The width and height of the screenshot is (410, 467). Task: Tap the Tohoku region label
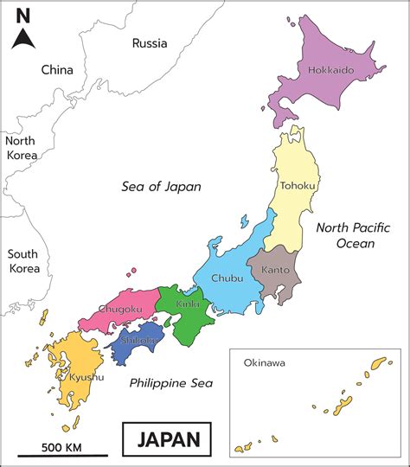pyautogui.click(x=297, y=185)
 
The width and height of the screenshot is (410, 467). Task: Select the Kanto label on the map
pyautogui.click(x=275, y=270)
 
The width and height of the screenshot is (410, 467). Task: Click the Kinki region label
pyautogui.click(x=188, y=304)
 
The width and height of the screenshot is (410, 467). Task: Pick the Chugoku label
pyautogui.click(x=119, y=309)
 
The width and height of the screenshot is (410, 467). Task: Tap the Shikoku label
pyautogui.click(x=138, y=340)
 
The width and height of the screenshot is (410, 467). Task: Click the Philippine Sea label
pyautogui.click(x=171, y=382)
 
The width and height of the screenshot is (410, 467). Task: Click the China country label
pyautogui.click(x=57, y=69)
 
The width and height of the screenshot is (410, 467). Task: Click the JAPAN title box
pyautogui.click(x=168, y=438)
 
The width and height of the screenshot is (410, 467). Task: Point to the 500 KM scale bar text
pyautogui.click(x=61, y=446)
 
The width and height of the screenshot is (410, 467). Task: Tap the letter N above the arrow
pyautogui.click(x=24, y=15)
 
